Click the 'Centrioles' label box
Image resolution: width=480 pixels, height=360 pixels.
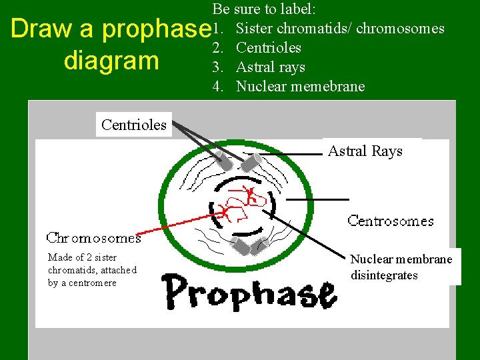(134, 125)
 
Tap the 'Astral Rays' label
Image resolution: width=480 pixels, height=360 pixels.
(365, 151)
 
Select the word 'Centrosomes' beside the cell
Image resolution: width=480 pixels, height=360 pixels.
(390, 221)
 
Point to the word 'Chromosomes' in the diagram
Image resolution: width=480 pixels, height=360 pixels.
(93, 237)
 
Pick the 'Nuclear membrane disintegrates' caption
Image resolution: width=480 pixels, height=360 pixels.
(401, 267)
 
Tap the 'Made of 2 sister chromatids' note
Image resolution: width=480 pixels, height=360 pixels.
(92, 270)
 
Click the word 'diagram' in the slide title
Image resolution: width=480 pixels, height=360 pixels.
(111, 61)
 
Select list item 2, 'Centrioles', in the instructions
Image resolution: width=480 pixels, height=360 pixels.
(268, 48)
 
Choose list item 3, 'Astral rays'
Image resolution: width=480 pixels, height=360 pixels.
(270, 67)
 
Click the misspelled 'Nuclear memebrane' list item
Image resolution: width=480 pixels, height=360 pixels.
(300, 87)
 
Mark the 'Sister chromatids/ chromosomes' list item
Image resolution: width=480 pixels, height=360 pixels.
(340, 29)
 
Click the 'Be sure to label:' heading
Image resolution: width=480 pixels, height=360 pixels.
(264, 9)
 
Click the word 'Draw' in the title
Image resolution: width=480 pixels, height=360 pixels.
(41, 29)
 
